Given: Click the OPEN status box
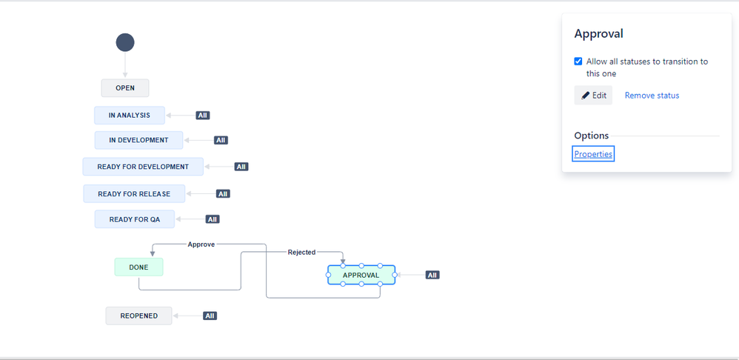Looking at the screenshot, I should point(125,88).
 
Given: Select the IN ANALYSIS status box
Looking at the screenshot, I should point(130,116).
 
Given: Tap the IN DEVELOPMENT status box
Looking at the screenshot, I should point(138,140).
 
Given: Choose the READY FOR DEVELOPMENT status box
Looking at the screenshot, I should point(143,167).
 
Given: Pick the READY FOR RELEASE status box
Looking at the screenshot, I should point(134,194).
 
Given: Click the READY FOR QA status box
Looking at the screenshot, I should point(134,219).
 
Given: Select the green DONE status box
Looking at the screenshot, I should point(138,267).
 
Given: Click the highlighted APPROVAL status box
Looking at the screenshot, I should point(361,275).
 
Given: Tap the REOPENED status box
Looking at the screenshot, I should point(138,316).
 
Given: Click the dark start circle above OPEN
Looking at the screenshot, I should point(125,43).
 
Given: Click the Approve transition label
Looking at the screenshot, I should point(201,244).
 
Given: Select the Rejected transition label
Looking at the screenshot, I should point(301,253).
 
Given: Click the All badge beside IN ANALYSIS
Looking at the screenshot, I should point(203,116).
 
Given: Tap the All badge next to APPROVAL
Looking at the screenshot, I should point(432,275).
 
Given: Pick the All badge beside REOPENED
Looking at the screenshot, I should point(210,316).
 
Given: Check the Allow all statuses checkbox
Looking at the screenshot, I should point(578,61).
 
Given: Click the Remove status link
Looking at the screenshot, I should point(652,96).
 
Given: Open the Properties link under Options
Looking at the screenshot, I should point(593,154).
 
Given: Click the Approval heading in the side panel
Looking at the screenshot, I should point(599,34).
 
